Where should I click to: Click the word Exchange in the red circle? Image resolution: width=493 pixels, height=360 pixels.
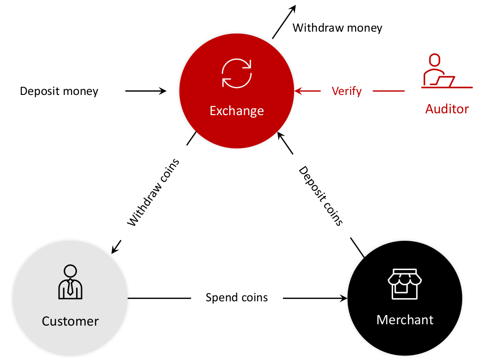(x=236, y=111)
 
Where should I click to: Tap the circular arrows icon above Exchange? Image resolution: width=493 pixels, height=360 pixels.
(x=236, y=73)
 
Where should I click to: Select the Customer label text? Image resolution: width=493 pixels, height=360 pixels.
(x=70, y=321)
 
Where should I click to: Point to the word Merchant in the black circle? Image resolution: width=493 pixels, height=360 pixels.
(x=405, y=320)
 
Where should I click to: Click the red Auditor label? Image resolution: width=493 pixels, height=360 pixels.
(x=447, y=109)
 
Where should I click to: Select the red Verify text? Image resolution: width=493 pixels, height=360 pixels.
(x=346, y=91)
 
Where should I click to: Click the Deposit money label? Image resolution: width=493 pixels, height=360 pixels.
(x=59, y=91)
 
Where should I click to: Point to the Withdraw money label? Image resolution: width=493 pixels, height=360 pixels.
(x=337, y=28)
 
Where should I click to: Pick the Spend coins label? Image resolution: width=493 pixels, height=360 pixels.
(x=236, y=298)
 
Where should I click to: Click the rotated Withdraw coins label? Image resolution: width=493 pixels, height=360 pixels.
(x=153, y=193)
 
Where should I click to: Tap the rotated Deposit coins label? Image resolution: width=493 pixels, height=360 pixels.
(x=321, y=196)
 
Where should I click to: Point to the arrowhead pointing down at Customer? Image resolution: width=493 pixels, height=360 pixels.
(x=114, y=249)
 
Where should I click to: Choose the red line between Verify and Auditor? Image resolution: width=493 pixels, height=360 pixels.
(x=389, y=91)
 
